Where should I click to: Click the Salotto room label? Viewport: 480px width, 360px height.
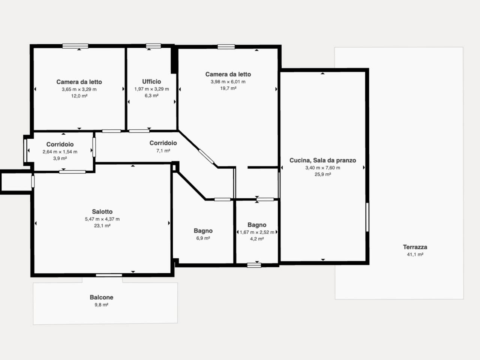pyautogui.click(x=102, y=211)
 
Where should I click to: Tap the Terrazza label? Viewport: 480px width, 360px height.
pyautogui.click(x=415, y=247)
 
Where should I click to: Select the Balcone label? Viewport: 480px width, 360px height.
pyautogui.click(x=102, y=297)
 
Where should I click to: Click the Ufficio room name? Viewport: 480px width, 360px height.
pyautogui.click(x=151, y=81)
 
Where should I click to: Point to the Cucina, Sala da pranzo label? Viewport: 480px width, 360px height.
pyautogui.click(x=322, y=160)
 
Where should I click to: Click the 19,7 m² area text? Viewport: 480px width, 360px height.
pyautogui.click(x=228, y=88)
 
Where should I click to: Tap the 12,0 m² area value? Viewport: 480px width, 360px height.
pyautogui.click(x=79, y=96)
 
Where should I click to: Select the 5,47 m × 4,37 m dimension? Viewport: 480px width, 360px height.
pyautogui.click(x=102, y=219)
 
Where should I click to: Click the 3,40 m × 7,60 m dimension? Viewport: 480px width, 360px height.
pyautogui.click(x=322, y=168)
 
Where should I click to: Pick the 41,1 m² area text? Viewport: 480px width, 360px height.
pyautogui.click(x=415, y=254)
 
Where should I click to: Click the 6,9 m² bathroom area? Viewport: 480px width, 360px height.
pyautogui.click(x=203, y=238)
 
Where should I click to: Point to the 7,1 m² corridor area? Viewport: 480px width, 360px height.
pyautogui.click(x=163, y=151)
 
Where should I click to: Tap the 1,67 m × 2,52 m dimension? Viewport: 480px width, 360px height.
pyautogui.click(x=257, y=232)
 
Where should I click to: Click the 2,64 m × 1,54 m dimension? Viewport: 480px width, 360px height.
pyautogui.click(x=60, y=152)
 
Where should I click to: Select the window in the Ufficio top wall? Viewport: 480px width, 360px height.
pyautogui.click(x=153, y=46)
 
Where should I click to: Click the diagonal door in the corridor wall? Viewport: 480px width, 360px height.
pyautogui.click(x=206, y=156)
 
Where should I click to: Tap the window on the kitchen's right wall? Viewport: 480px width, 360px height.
pyautogui.click(x=367, y=217)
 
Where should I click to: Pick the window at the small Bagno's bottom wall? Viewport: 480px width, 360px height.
pyautogui.click(x=254, y=265)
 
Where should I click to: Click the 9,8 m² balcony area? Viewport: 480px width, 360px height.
pyautogui.click(x=102, y=305)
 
